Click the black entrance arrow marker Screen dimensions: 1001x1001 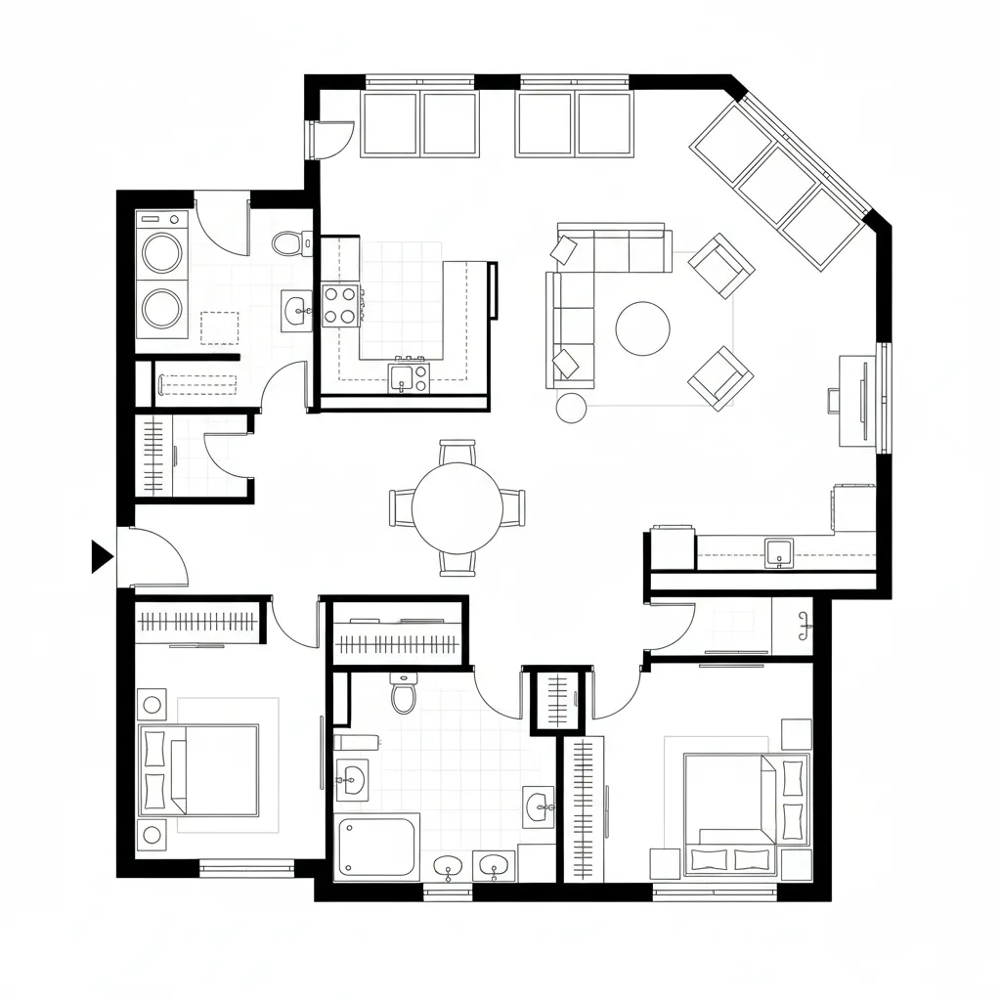[x=101, y=555]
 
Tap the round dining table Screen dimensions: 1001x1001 [x=457, y=507]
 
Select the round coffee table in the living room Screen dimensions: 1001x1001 [x=642, y=327]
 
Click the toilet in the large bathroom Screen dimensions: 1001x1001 [x=404, y=693]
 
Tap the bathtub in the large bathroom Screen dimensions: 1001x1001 [x=376, y=847]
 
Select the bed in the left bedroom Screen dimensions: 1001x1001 [x=199, y=769]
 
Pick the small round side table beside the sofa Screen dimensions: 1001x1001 [x=571, y=407]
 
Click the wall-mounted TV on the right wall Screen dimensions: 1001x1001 [x=863, y=401]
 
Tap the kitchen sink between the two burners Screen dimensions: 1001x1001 [x=401, y=376]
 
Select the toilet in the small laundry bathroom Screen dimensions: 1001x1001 [x=287, y=242]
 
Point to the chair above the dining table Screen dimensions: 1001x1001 [x=457, y=453]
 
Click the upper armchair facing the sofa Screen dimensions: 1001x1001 [x=720, y=265]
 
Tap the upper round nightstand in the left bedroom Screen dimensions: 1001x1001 [x=152, y=704]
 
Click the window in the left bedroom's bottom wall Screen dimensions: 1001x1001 [x=246, y=866]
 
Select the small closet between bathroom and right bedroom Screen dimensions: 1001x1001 [x=561, y=700]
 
